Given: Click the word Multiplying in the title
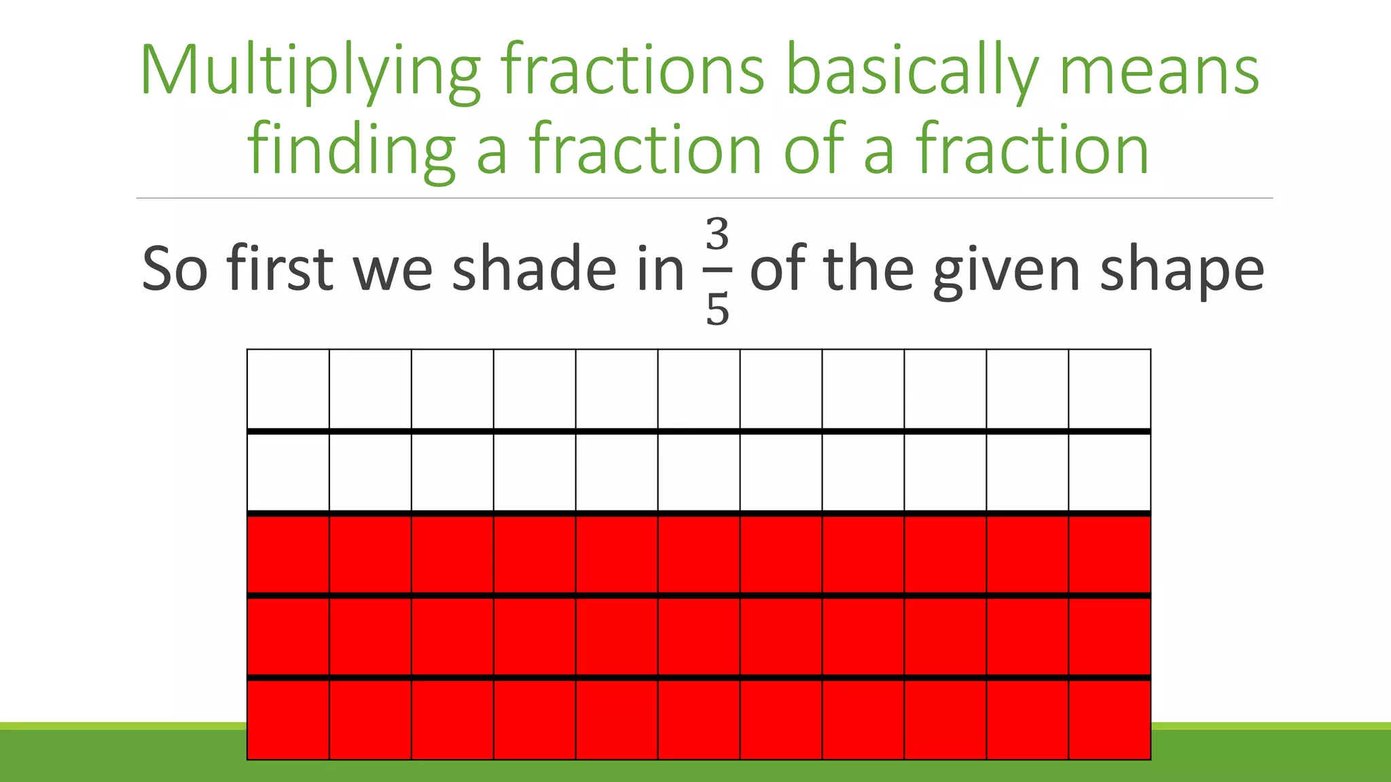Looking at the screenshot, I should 310,72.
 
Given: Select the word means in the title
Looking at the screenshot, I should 1159,72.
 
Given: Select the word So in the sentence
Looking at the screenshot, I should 174,269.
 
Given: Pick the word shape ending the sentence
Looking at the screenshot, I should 1182,269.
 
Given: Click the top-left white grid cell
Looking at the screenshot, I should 288,389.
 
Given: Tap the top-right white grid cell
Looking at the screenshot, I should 1109,389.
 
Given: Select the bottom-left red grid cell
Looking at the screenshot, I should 288,720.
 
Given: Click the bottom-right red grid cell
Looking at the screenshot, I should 1109,720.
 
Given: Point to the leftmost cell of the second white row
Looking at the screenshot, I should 288,472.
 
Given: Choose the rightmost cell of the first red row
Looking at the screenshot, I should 1109,555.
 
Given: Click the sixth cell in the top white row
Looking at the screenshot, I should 699,389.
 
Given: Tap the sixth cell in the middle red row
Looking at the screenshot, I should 699,637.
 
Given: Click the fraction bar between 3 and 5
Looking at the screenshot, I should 717,270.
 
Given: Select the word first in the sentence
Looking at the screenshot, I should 280,269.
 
